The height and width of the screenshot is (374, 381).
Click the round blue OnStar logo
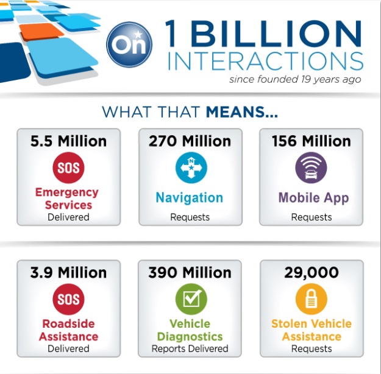coord(129,44)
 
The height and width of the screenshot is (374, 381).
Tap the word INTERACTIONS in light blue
coord(266,61)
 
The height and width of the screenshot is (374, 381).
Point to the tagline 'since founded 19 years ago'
coord(295,79)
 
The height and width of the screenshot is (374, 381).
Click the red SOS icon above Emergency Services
coord(68,168)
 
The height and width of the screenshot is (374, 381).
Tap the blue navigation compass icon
coord(191,168)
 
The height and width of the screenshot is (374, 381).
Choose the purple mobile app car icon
coord(311,168)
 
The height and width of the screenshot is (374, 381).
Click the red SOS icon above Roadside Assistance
coord(68,299)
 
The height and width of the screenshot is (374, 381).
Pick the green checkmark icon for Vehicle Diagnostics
coord(191,299)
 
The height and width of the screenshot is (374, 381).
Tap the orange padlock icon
coord(312,299)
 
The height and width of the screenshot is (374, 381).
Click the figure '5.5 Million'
coord(68,141)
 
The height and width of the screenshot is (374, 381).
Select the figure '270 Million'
coord(190,141)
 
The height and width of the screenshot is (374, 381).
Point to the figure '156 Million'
coord(312,141)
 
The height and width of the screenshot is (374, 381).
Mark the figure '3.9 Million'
coord(68,272)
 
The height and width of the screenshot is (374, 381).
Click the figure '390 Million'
coord(190,272)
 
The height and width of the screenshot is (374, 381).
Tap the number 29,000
coord(312,273)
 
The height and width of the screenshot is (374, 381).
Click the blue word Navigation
coord(190,198)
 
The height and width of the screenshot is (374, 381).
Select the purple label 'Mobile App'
coord(313,198)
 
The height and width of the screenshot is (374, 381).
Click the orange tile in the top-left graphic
coord(41,32)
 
